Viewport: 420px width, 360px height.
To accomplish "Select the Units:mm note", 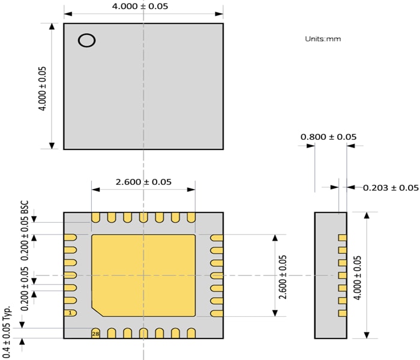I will pyautogui.click(x=323, y=38).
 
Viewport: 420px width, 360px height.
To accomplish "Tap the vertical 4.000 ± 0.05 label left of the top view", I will pyautogui.click(x=43, y=88).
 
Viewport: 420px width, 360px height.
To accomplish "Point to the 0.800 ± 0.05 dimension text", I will pyautogui.click(x=328, y=137).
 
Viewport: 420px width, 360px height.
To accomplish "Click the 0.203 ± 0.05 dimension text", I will pyautogui.click(x=391, y=188).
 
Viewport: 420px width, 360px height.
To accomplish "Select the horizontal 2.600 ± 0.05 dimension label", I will pyautogui.click(x=143, y=182).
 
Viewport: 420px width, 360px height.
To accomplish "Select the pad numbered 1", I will pyautogui.click(x=70, y=313).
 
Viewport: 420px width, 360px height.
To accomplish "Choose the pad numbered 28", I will pyautogui.click(x=95, y=334).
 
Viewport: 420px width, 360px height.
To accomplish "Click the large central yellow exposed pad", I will pyautogui.click(x=143, y=273).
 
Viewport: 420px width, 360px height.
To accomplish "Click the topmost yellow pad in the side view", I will pyautogui.click(x=343, y=238).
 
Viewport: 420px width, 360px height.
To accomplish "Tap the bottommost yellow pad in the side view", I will pyautogui.click(x=343, y=313).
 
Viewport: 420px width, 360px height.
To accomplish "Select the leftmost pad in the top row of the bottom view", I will pyautogui.click(x=95, y=217).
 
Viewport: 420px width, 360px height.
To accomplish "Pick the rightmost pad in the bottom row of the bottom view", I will pyautogui.click(x=191, y=333).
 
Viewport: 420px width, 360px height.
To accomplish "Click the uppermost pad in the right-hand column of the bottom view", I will pyautogui.click(x=217, y=238).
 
